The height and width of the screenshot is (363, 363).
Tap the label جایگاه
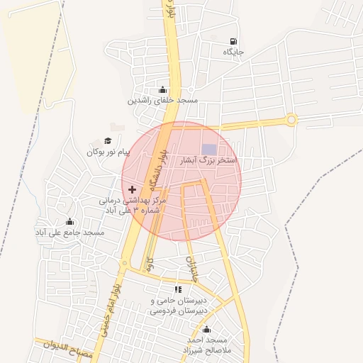[233, 52]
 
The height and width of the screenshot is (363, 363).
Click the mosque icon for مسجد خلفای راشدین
[164, 90]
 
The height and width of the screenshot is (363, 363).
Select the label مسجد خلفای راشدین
[162, 101]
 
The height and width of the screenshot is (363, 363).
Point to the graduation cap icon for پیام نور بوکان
[108, 141]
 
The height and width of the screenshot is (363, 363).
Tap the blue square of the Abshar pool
[208, 148]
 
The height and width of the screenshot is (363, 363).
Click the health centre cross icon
[132, 190]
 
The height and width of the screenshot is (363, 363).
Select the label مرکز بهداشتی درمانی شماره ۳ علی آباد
[133, 206]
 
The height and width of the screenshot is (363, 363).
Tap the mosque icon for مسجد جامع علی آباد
[69, 221]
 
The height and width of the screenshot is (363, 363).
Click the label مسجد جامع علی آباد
[70, 233]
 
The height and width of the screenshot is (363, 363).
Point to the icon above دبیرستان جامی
[179, 289]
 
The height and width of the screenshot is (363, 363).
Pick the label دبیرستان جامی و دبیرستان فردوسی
[180, 306]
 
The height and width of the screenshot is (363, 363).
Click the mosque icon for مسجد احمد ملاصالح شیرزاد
[206, 329]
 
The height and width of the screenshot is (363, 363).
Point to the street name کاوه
[149, 264]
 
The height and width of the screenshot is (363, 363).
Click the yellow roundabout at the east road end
[291, 120]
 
